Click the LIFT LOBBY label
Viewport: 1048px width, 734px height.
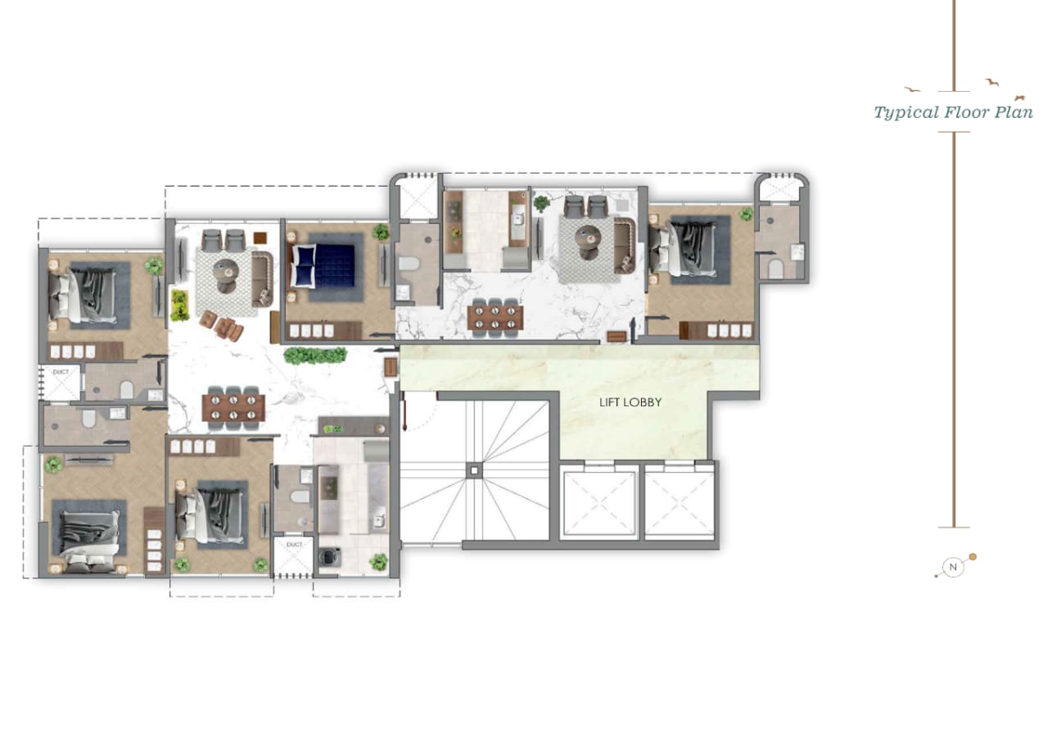coord(630,402)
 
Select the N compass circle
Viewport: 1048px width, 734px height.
coord(953,568)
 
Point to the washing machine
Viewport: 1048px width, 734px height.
coord(329,556)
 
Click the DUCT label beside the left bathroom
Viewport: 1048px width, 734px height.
coord(61,372)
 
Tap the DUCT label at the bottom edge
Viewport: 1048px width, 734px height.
coord(294,545)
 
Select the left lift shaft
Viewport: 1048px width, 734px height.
coord(599,503)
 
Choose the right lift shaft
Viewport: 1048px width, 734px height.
coord(680,503)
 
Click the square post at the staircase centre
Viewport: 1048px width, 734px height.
coord(474,470)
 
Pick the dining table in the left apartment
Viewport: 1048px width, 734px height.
coord(233,407)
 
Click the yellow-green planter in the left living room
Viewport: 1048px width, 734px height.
coord(179,306)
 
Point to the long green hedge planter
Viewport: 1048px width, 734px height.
coord(315,356)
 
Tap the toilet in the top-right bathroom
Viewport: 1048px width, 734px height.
coord(775,269)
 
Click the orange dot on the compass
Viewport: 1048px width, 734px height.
coord(973,556)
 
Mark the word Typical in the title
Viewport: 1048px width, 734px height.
coord(906,113)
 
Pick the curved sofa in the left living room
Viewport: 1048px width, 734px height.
coord(262,279)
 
